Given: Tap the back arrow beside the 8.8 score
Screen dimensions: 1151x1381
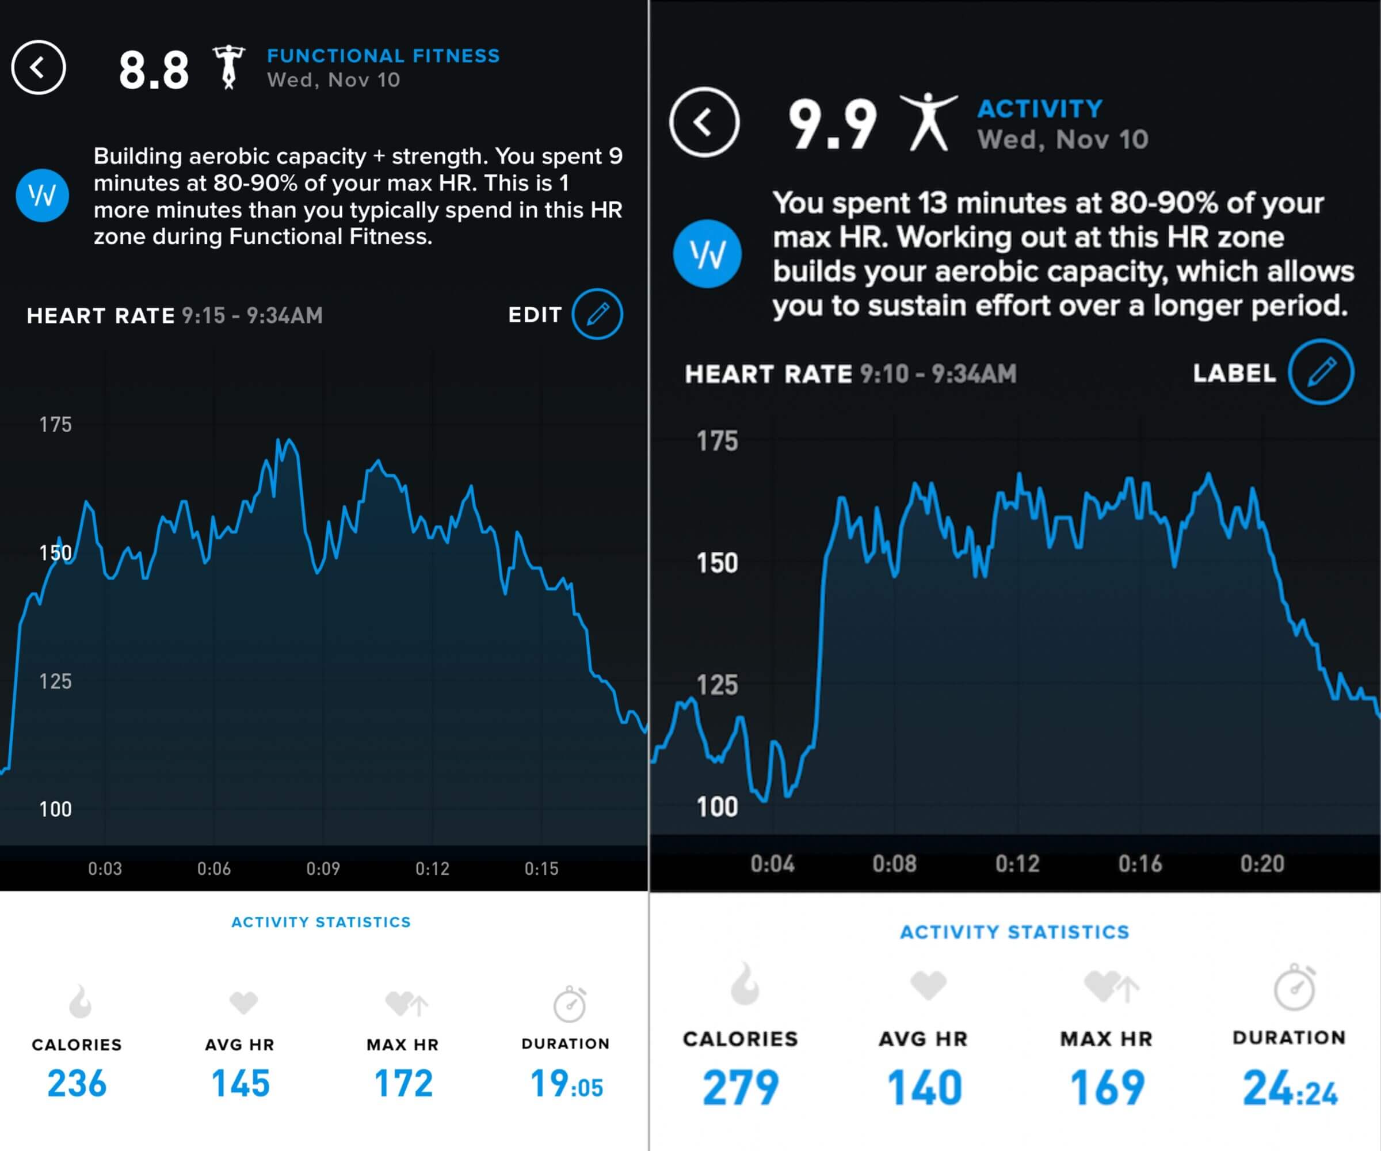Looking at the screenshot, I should (38, 67).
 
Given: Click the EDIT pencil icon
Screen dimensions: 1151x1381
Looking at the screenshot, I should (597, 314).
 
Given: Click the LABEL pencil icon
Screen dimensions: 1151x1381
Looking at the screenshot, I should (1321, 372).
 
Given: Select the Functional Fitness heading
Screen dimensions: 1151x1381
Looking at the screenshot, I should (383, 56).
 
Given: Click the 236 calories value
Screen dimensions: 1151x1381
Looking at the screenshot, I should (77, 1083).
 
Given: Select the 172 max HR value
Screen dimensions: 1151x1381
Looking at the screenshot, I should (403, 1083).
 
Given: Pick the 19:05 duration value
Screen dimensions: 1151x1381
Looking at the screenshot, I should (566, 1084).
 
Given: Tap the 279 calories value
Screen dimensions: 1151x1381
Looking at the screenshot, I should (741, 1088).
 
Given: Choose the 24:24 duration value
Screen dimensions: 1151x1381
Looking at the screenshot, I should (1290, 1088).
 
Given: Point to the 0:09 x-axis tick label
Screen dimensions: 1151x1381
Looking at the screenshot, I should (323, 869).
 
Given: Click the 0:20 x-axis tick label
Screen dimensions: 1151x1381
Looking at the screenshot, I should (1262, 864).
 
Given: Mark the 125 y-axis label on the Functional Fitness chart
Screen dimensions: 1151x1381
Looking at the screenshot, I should (55, 681).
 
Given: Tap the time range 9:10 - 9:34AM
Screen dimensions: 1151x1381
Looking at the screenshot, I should (938, 374).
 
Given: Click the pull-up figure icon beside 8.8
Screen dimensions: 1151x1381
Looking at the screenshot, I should (228, 67).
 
